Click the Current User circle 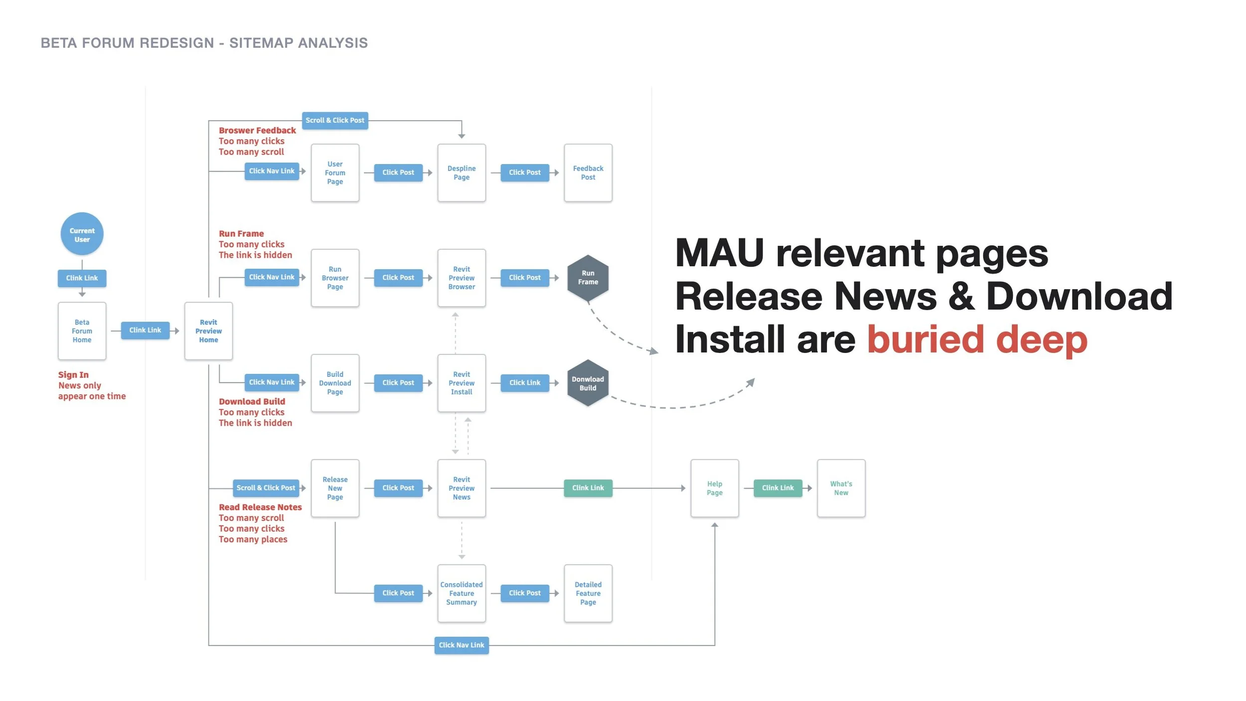click(82, 234)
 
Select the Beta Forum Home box click(82, 331)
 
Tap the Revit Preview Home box click(208, 331)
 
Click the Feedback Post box click(588, 173)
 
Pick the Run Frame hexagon click(588, 278)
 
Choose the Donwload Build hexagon click(588, 383)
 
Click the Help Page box click(714, 488)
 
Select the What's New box click(841, 488)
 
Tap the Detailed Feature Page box click(588, 593)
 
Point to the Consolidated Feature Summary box click(462, 593)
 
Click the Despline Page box click(462, 173)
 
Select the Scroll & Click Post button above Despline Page click(335, 121)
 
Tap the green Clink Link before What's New click(778, 488)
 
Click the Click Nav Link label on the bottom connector click(462, 645)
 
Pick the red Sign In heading click(73, 375)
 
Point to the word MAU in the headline click(720, 253)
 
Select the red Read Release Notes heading click(260, 508)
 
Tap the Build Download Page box click(335, 383)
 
